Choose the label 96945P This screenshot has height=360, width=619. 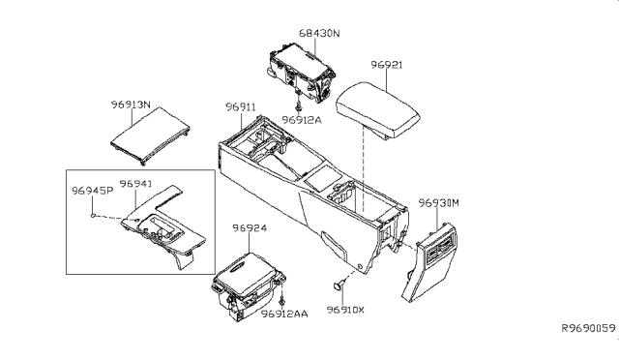(94, 191)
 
